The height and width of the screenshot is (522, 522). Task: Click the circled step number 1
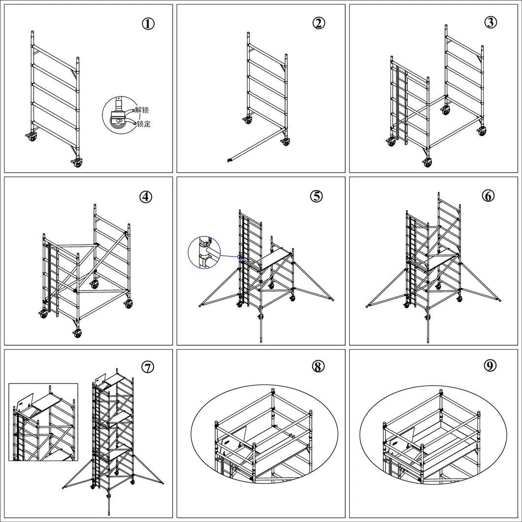(148, 24)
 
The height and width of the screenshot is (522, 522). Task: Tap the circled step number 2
(319, 23)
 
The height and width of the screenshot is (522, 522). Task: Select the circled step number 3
(490, 22)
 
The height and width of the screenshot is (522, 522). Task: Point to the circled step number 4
(146, 197)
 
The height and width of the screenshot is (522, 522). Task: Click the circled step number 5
(317, 196)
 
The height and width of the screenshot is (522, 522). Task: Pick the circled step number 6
(489, 196)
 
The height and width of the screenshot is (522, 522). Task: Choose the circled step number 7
(148, 367)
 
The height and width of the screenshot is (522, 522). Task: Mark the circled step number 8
(318, 366)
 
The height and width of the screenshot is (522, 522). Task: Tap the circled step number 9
(489, 366)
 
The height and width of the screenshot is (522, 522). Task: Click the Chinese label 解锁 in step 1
(142, 110)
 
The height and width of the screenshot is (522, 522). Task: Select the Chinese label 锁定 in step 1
(144, 124)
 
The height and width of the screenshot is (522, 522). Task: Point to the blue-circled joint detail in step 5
(204, 253)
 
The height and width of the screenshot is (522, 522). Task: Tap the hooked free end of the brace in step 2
(229, 161)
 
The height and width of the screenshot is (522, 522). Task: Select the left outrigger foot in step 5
(200, 306)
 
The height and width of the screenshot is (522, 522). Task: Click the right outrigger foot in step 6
(499, 301)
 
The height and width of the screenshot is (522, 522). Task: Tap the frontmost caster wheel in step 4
(77, 333)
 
